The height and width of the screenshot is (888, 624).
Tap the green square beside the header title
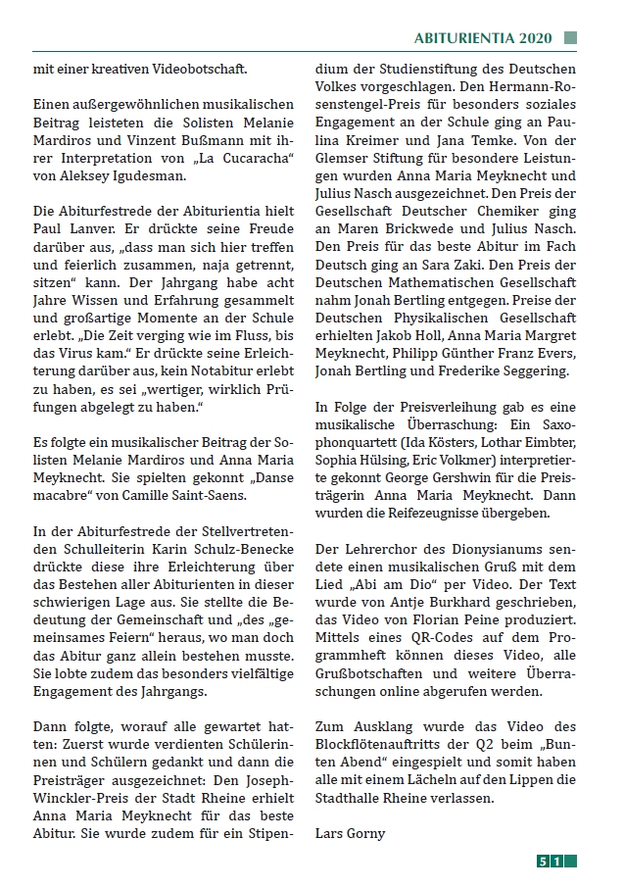570,38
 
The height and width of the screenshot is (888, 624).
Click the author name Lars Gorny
351,833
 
